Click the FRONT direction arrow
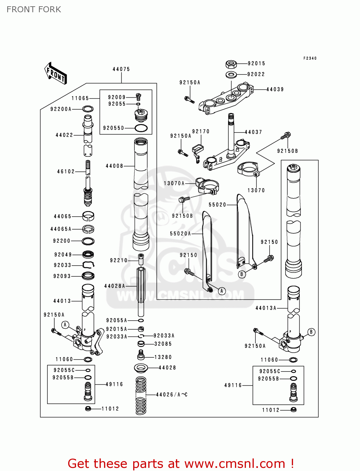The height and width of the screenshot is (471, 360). point(56,73)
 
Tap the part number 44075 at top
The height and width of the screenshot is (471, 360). point(121,69)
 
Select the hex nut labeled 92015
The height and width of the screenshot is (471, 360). point(231,64)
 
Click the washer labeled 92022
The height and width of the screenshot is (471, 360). point(232,74)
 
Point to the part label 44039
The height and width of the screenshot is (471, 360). point(275,89)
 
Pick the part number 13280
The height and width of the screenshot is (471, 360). point(163,357)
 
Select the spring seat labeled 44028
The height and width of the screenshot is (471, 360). point(141,367)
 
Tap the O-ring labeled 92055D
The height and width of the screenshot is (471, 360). point(141,128)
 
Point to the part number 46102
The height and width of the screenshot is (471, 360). point(66,171)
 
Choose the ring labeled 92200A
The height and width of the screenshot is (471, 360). point(88,109)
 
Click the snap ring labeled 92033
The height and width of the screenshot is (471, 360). point(88,265)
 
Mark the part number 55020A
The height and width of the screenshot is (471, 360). point(180,234)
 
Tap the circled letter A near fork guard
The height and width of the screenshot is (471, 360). point(222,291)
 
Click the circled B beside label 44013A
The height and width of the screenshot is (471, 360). point(311,332)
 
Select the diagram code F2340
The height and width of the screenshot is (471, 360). point(310,58)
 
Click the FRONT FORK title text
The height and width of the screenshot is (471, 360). point(34,9)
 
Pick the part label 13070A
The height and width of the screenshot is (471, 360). point(174,183)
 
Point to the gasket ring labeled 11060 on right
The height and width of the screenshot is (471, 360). point(293,360)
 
